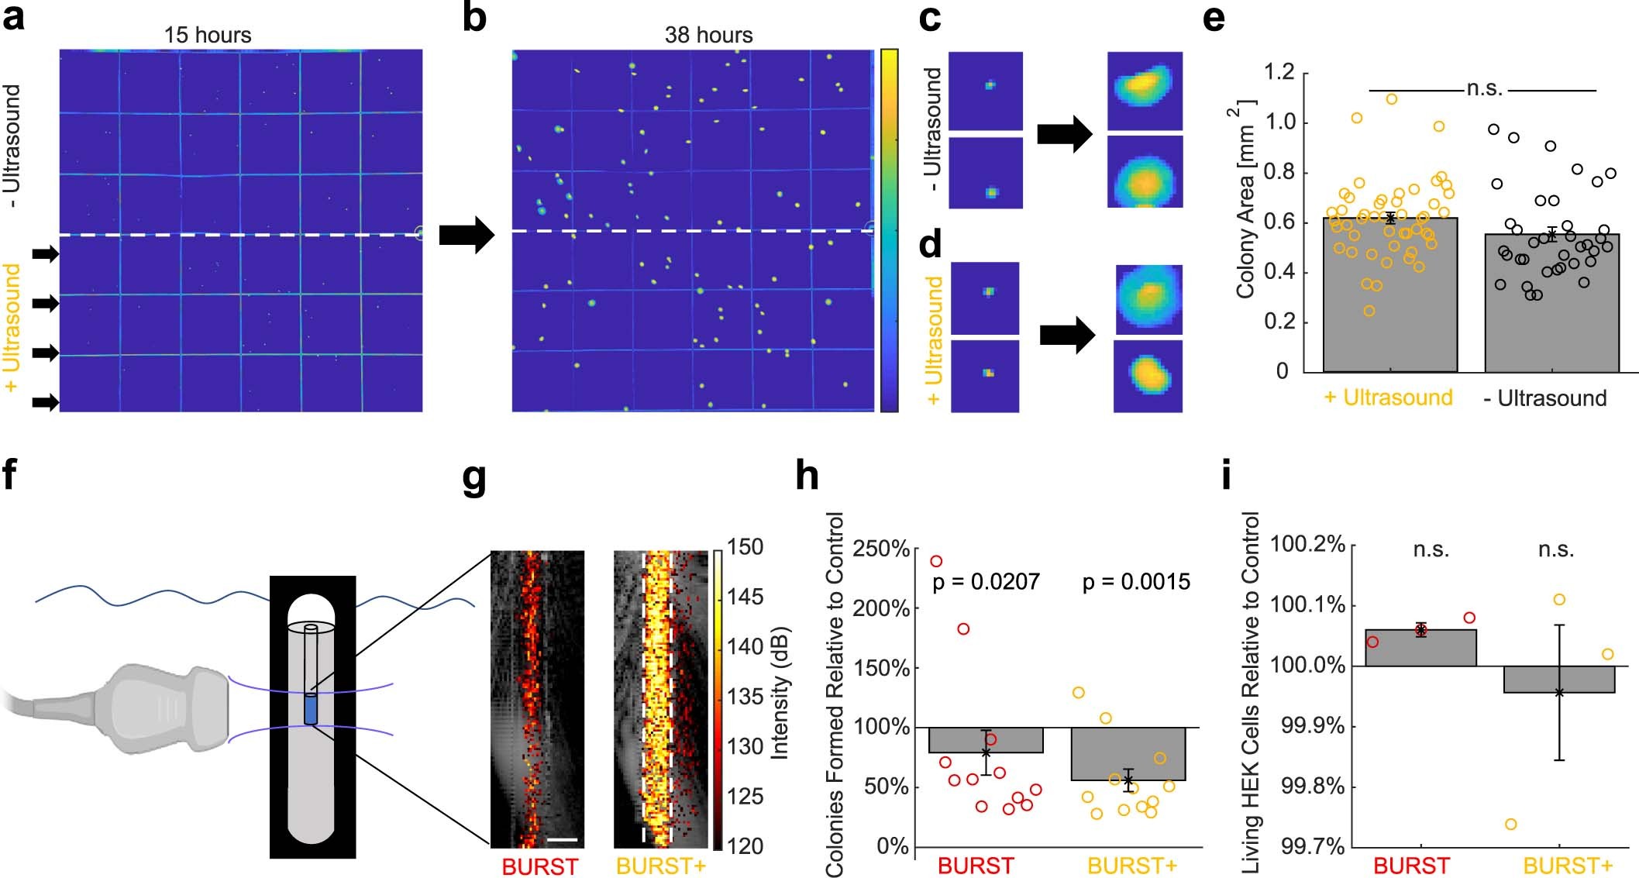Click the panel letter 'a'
point(14,17)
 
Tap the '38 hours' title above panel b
point(708,35)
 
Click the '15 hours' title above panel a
point(208,35)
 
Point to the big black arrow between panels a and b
point(467,235)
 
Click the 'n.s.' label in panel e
point(1484,89)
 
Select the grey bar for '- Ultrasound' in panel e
point(1551,310)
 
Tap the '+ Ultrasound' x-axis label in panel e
point(1388,398)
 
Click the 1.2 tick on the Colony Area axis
point(1279,73)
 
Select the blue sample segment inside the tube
point(311,709)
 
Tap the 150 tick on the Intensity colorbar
point(745,547)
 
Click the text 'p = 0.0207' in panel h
point(986,582)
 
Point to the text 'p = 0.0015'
point(1136,582)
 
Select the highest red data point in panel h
point(936,561)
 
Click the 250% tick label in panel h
point(880,549)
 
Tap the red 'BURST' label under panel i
point(1411,866)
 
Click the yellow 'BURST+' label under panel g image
point(661,866)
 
